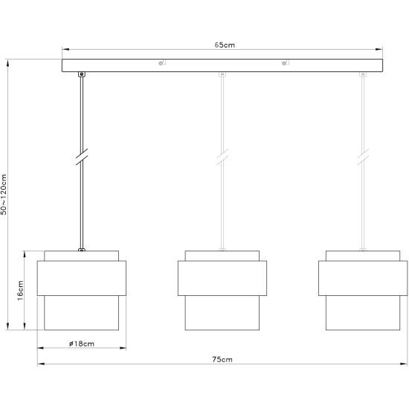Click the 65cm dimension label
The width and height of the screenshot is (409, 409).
click(x=225, y=45)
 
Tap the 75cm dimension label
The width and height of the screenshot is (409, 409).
click(x=222, y=359)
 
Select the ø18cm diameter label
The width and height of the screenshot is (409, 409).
click(x=82, y=344)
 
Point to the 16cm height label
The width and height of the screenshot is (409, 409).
click(x=20, y=290)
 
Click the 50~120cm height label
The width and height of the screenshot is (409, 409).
click(x=4, y=195)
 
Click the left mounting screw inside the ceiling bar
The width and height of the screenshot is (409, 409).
click(x=162, y=62)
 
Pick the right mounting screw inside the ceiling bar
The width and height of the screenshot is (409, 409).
click(x=286, y=62)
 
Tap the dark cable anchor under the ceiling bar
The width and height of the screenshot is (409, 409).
click(x=82, y=74)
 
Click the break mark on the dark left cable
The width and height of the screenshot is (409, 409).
click(x=82, y=157)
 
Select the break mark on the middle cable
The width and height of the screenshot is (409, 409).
click(x=222, y=157)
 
